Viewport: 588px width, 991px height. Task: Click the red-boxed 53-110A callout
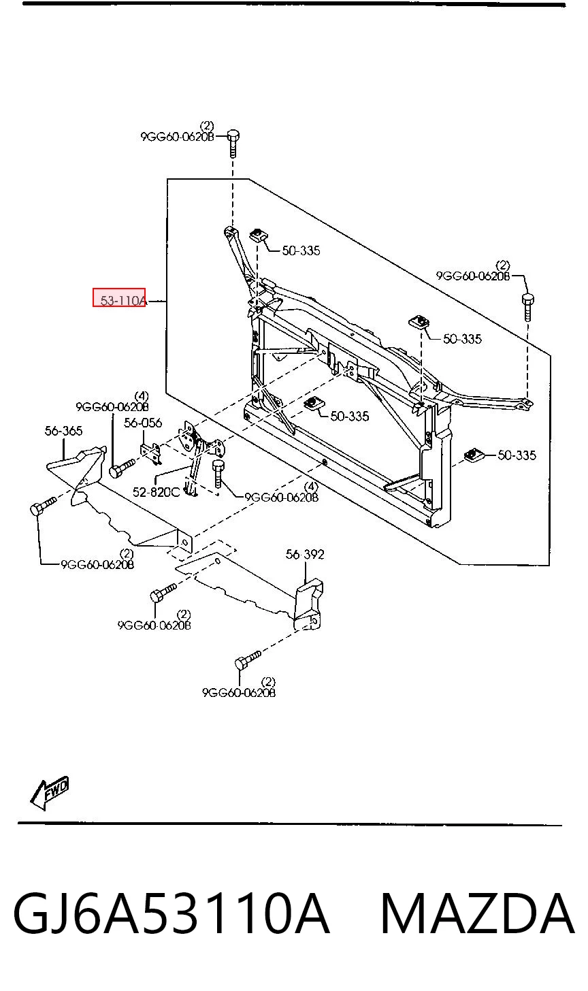[119, 297]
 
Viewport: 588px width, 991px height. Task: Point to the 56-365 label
[64, 430]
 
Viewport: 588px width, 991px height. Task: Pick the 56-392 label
[305, 554]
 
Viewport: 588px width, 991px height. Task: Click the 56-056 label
[143, 423]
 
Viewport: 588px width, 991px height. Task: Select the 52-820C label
[157, 492]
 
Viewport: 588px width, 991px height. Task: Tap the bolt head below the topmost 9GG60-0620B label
[233, 135]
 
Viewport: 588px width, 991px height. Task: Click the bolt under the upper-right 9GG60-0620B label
[527, 306]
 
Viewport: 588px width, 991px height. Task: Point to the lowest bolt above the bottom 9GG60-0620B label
[248, 660]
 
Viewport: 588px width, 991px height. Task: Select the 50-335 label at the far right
[517, 455]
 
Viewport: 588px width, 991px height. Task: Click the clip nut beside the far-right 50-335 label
[472, 455]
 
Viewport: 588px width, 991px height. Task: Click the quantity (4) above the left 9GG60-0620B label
[142, 396]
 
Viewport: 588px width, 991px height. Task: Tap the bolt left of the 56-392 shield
[163, 592]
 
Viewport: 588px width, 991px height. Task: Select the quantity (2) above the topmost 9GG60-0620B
[207, 126]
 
